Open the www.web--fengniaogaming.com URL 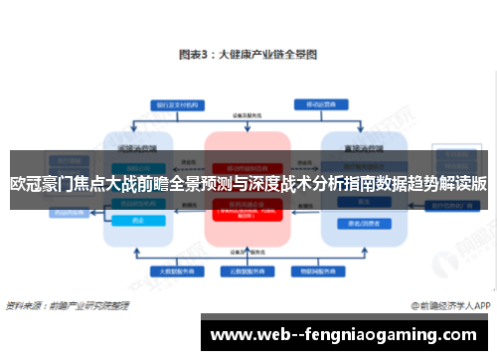click(344, 333)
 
